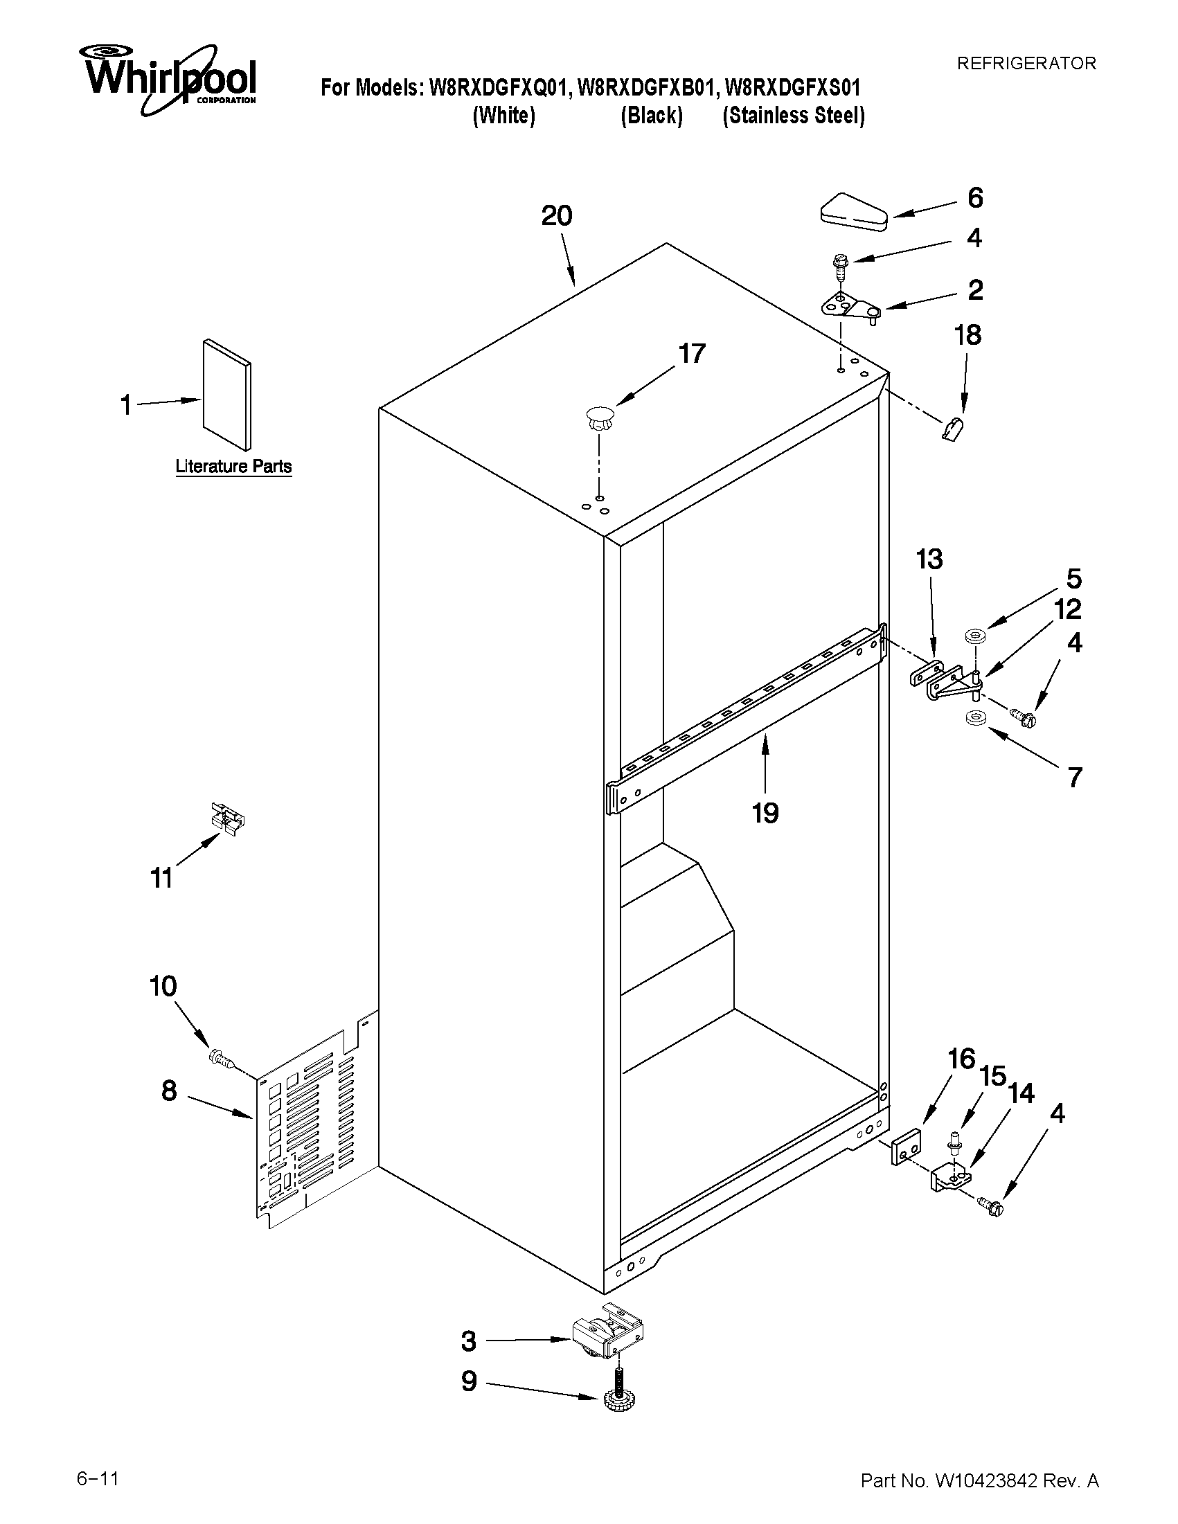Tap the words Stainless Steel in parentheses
794,116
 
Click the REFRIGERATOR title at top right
1026,64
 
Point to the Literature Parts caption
233,466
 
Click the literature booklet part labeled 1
226,395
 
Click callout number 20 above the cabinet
557,216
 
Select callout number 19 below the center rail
765,813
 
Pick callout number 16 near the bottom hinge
961,1059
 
